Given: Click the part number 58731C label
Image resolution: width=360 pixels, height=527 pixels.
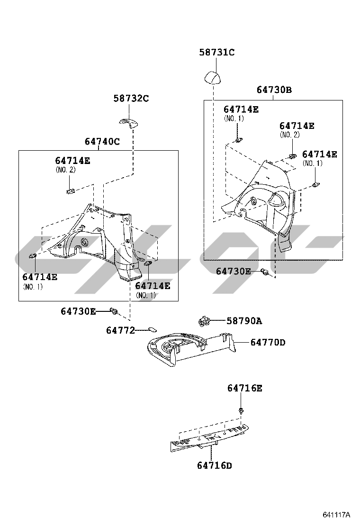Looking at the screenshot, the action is (x=216, y=53).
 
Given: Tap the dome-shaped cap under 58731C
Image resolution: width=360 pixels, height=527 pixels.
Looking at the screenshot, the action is (x=213, y=78).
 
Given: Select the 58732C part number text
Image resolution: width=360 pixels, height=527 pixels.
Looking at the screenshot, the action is (x=131, y=99).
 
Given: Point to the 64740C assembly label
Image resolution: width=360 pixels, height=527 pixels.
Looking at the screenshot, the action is (x=102, y=142).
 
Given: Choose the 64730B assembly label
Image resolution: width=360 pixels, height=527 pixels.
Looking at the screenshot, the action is (x=274, y=90).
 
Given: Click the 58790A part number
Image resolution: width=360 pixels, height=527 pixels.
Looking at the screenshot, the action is (x=244, y=321).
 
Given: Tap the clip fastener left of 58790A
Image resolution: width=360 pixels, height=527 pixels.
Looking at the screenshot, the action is (x=204, y=321).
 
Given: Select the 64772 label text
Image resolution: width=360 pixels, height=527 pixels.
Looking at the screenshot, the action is (x=120, y=331).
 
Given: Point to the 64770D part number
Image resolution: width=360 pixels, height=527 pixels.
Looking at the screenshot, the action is (x=268, y=343).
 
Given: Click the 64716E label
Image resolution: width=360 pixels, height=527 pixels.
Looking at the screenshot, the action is (x=245, y=388).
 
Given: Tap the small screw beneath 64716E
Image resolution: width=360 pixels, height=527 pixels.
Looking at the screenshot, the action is (x=241, y=410).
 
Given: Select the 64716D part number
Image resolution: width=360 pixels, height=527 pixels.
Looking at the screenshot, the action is (x=215, y=465).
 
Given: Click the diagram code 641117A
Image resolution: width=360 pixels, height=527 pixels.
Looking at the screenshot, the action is (x=336, y=515).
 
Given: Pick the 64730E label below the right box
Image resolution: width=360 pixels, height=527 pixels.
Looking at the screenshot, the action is (x=234, y=271).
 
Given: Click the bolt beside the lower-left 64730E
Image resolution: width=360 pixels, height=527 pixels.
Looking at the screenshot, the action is (x=114, y=311).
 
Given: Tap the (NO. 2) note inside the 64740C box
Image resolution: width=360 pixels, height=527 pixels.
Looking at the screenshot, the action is (x=65, y=170).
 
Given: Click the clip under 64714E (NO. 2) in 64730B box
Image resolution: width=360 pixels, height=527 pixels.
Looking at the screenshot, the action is (x=293, y=155).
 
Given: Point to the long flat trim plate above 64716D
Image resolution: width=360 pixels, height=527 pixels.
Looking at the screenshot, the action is (x=210, y=437).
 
